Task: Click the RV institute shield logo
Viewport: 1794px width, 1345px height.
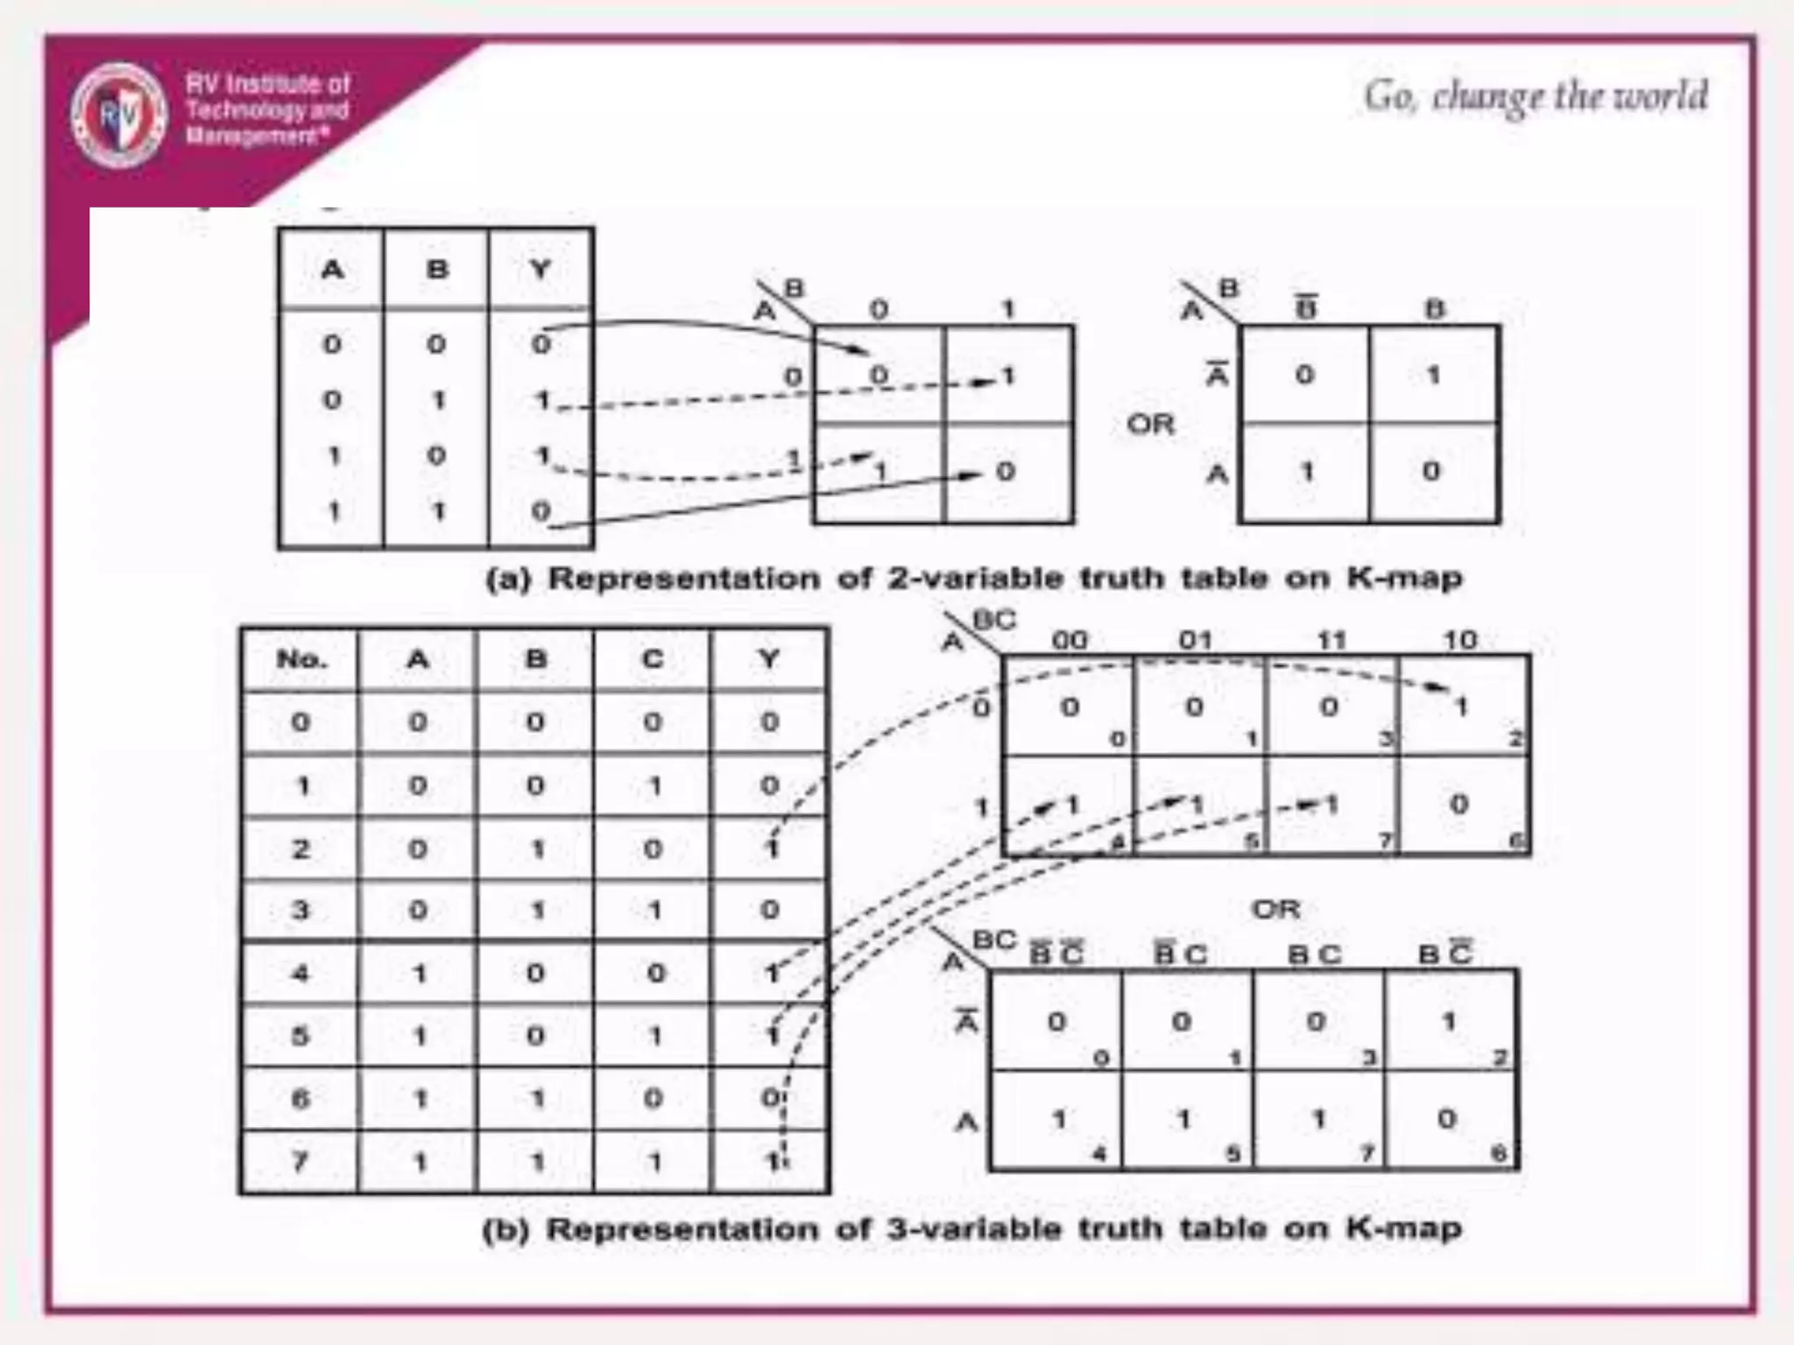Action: click(119, 114)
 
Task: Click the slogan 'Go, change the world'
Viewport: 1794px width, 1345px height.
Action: click(1536, 96)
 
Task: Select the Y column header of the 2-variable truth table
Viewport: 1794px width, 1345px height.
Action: click(540, 269)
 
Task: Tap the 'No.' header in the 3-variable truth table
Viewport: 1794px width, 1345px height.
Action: click(300, 658)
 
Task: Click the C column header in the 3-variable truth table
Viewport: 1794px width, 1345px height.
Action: click(653, 658)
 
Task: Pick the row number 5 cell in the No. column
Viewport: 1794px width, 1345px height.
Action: click(300, 1036)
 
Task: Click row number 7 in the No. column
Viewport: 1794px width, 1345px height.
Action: click(300, 1162)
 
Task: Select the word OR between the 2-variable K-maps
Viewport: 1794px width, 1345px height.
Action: click(1150, 425)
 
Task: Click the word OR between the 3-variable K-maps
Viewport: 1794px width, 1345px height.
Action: click(1276, 910)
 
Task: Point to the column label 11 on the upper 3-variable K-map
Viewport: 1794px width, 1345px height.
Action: click(1331, 641)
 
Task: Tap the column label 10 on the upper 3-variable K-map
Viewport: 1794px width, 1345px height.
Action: click(1460, 641)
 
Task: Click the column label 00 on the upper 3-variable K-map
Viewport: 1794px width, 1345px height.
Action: click(1070, 641)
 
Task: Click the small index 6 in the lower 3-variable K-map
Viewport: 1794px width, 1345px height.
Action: click(1499, 1153)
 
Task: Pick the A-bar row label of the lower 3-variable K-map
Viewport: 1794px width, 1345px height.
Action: click(966, 1021)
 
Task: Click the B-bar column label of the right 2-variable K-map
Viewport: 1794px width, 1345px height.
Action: click(1306, 308)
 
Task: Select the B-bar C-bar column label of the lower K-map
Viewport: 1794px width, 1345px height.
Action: click(1056, 953)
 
